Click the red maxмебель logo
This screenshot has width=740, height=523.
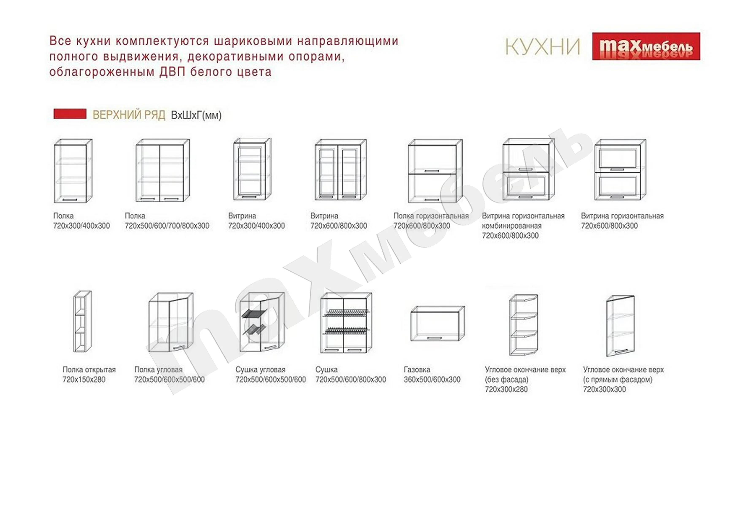click(x=646, y=46)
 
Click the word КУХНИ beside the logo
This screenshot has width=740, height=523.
click(x=542, y=47)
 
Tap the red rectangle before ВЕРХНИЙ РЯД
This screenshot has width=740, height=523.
click(x=70, y=114)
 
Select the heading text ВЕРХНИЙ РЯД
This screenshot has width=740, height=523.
click(x=129, y=115)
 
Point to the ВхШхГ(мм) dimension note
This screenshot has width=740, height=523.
click(x=196, y=115)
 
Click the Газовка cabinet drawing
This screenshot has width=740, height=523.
click(x=437, y=324)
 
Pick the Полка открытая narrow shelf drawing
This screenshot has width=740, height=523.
click(x=82, y=321)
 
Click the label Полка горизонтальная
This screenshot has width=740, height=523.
click(x=431, y=216)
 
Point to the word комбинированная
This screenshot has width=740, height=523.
click(x=512, y=226)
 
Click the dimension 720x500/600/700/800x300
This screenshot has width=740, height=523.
click(x=167, y=226)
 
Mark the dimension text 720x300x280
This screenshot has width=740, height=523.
click(x=506, y=389)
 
